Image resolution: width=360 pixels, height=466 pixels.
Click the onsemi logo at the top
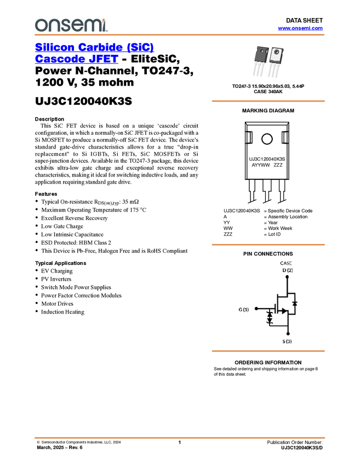point(71,25)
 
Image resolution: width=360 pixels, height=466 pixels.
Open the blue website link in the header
point(300,29)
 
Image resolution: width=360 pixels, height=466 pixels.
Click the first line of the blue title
point(95,48)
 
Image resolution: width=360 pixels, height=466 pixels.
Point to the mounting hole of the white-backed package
point(276,53)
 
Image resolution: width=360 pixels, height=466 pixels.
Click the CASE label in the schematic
point(286,264)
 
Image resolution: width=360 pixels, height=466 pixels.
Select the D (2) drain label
point(287,270)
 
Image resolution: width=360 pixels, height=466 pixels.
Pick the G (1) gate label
point(243,309)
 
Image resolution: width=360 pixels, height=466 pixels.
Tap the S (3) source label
point(287,341)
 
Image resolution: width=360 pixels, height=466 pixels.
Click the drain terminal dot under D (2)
point(288,277)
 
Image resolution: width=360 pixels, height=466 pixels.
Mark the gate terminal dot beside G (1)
point(256,309)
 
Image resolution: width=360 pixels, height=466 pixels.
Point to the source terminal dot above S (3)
point(288,333)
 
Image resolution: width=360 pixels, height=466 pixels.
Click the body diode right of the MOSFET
point(295,303)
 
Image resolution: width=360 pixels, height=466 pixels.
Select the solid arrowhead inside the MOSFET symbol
point(284,311)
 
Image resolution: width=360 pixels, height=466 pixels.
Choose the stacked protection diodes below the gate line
point(269,317)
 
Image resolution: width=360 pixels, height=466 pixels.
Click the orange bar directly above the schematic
point(268,245)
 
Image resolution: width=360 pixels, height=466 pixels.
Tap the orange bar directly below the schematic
point(268,351)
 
